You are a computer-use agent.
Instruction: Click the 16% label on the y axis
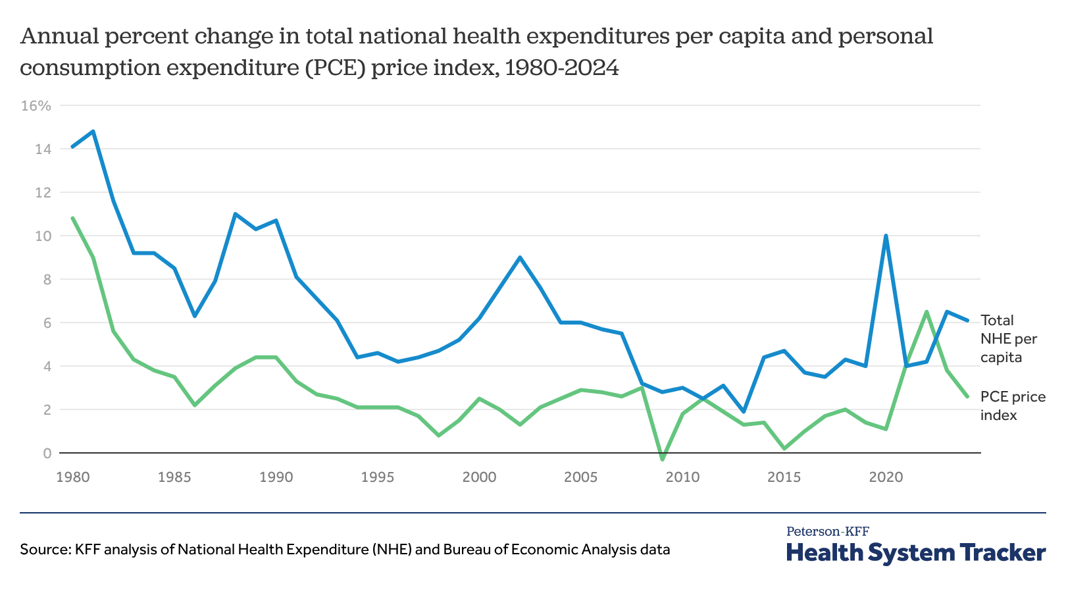tap(36, 106)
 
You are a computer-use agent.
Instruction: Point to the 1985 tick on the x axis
tap(174, 477)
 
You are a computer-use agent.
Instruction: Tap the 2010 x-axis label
tap(682, 477)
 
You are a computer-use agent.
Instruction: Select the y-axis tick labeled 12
tap(43, 193)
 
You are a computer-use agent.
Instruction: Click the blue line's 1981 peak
tap(93, 132)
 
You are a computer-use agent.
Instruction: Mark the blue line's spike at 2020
tap(886, 236)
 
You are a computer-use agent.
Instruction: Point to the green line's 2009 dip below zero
tap(662, 459)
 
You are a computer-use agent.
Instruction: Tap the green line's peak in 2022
tap(926, 311)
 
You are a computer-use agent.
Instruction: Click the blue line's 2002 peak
tap(520, 257)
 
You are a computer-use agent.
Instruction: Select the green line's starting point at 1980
tap(72, 218)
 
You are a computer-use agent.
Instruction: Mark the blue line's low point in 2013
tap(744, 411)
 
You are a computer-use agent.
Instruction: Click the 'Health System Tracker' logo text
tap(915, 553)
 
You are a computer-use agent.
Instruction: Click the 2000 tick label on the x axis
tap(479, 477)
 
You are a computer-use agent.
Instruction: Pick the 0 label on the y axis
tap(47, 453)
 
